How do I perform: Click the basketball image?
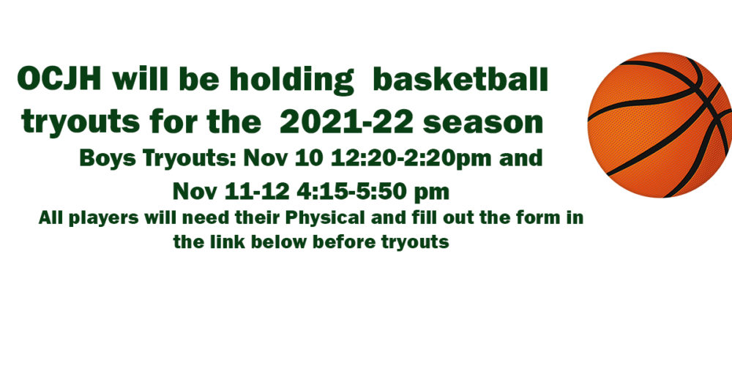pyautogui.click(x=660, y=124)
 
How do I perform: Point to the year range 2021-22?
pyautogui.click(x=346, y=122)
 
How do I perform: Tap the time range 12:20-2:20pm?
pyautogui.click(x=411, y=159)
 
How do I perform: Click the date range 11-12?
pyautogui.click(x=257, y=191)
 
